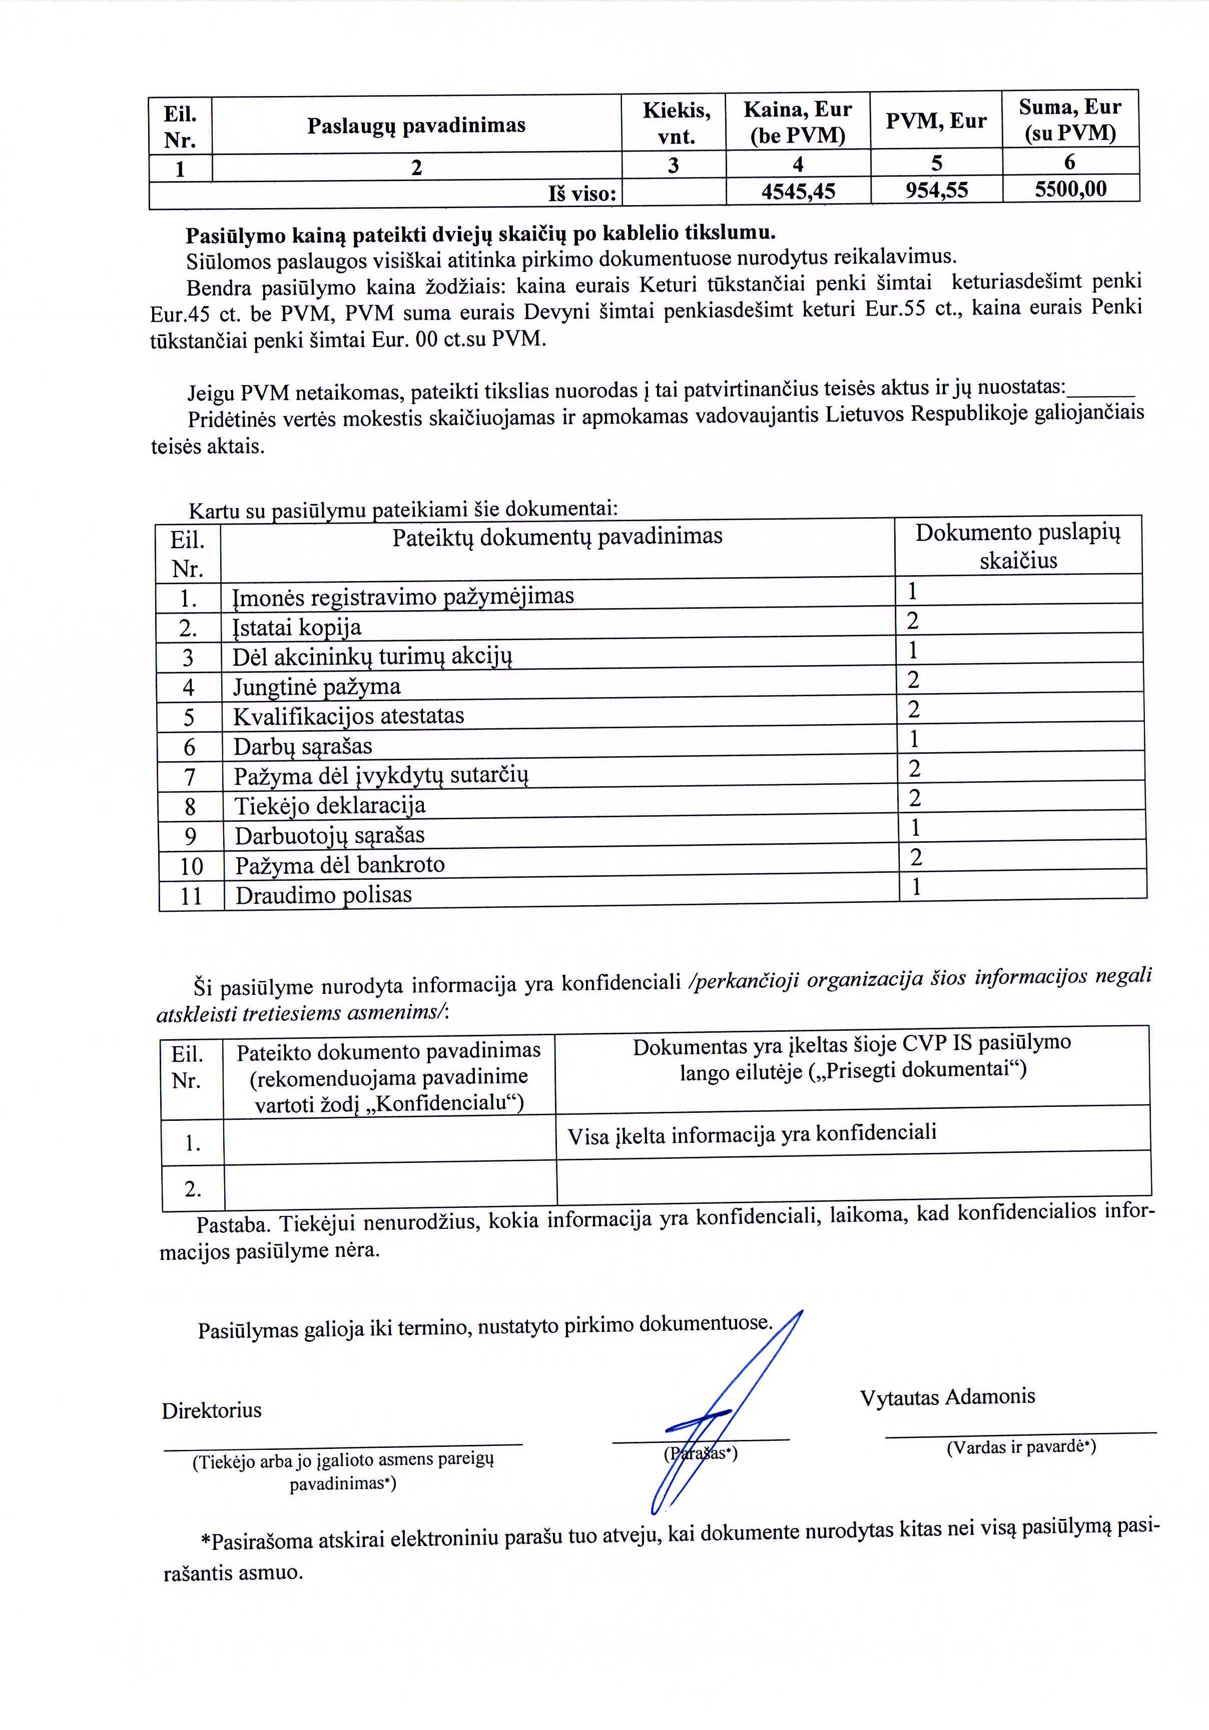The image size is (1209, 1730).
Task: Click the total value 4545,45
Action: click(x=798, y=192)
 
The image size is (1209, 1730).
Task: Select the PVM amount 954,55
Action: click(x=936, y=190)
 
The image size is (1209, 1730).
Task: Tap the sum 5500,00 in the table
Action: click(x=1070, y=189)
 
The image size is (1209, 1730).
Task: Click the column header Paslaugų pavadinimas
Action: click(x=416, y=125)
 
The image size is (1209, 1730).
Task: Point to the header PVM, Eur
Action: click(x=935, y=121)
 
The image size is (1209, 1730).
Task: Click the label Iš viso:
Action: click(x=582, y=194)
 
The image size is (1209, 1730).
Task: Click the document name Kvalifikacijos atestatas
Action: click(x=348, y=716)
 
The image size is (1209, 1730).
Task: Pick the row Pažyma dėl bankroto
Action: click(x=339, y=865)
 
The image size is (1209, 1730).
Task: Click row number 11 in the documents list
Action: click(x=191, y=896)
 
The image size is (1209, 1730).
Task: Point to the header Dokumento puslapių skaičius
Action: click(x=1017, y=546)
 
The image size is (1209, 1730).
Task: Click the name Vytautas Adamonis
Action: click(x=947, y=1397)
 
